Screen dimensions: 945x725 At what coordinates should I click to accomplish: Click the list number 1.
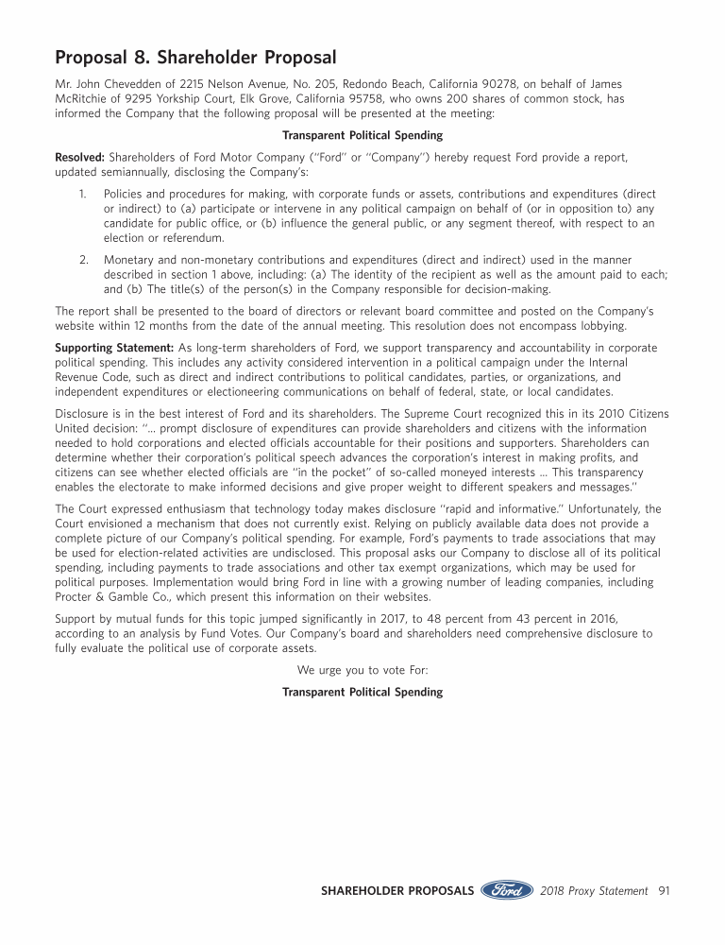point(82,194)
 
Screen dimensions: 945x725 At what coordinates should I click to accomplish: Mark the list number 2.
point(83,260)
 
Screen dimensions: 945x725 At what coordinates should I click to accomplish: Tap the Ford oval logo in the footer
point(507,890)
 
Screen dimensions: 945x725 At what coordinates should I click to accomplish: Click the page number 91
point(664,890)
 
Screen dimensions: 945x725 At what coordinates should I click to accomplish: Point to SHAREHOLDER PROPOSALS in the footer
point(397,890)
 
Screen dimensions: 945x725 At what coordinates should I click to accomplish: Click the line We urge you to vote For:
point(362,670)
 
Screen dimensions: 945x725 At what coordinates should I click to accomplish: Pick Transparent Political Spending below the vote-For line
point(362,693)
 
